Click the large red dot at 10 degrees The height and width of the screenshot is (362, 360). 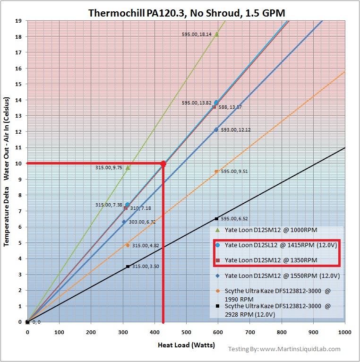coord(163,164)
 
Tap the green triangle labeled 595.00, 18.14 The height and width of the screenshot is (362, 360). coord(216,34)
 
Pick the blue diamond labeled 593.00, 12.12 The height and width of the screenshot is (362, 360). coord(216,129)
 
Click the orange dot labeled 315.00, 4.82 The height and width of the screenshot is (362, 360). coord(128,245)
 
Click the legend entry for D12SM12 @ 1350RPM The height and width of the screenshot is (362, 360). coord(270,260)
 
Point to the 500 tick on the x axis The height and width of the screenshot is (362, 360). coord(186,332)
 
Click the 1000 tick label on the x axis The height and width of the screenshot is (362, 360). coord(345,332)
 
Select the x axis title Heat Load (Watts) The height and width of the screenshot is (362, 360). coord(186,345)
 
